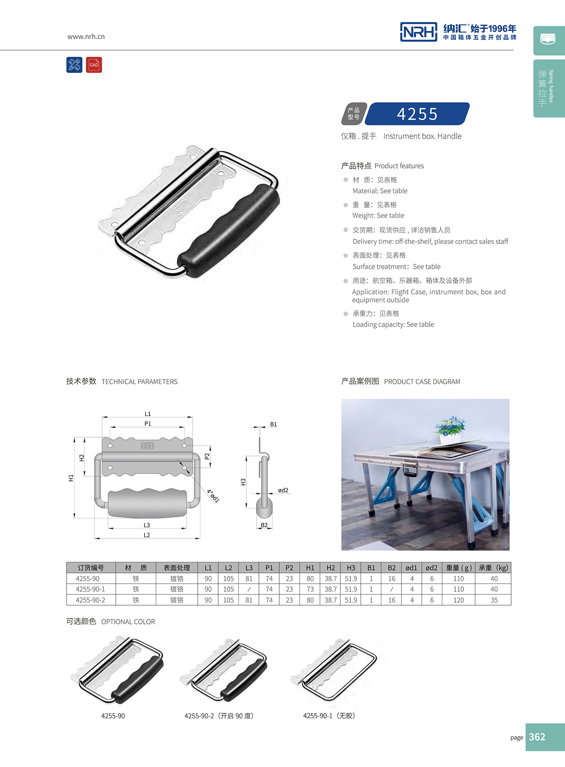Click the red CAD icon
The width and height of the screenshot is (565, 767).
pyautogui.click(x=94, y=65)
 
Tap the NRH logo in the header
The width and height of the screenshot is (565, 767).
pyautogui.click(x=418, y=32)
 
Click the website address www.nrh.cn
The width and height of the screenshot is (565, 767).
pyautogui.click(x=86, y=36)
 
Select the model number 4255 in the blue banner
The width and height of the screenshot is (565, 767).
pyautogui.click(x=417, y=114)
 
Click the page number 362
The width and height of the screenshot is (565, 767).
pyautogui.click(x=537, y=737)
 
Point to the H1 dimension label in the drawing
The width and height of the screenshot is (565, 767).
pyautogui.click(x=71, y=478)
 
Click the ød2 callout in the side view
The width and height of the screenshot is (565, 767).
pyautogui.click(x=283, y=490)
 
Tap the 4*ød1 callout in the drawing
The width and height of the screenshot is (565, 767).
pyautogui.click(x=213, y=495)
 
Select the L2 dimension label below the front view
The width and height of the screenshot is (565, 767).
pyautogui.click(x=147, y=535)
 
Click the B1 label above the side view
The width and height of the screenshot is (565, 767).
pyautogui.click(x=273, y=424)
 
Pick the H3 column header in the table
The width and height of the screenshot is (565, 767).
pyautogui.click(x=351, y=568)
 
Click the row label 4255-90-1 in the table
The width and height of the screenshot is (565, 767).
pyautogui.click(x=90, y=589)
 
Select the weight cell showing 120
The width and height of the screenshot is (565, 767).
pyautogui.click(x=458, y=600)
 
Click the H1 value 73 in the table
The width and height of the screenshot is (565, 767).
pyautogui.click(x=310, y=589)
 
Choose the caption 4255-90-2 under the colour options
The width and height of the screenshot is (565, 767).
pyautogui.click(x=219, y=716)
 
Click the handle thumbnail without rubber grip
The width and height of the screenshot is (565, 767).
pyautogui.click(x=335, y=670)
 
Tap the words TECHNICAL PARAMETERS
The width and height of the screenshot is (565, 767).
pyautogui.click(x=139, y=382)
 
